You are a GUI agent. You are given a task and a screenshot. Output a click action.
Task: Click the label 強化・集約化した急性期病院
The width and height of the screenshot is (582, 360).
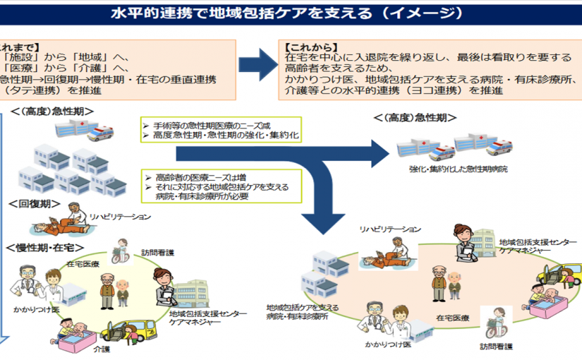(x=458, y=169)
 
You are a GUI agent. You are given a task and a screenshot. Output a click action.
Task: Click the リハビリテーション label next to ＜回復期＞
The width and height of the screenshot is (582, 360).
(x=119, y=216)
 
